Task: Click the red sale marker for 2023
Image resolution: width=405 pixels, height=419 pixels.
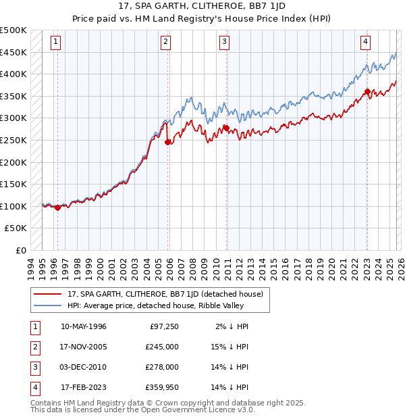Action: click(x=367, y=92)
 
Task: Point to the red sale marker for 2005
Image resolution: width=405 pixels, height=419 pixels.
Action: click(x=167, y=142)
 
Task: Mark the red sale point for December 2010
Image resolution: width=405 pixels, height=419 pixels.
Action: click(x=226, y=128)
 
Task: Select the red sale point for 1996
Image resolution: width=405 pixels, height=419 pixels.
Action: click(x=57, y=207)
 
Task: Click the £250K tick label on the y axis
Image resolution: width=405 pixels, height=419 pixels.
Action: click(x=13, y=140)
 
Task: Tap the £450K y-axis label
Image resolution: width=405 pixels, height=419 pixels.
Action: click(x=13, y=52)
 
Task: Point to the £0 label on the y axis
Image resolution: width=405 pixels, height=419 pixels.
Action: click(x=20, y=250)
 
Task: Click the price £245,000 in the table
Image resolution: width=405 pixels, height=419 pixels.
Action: click(x=162, y=347)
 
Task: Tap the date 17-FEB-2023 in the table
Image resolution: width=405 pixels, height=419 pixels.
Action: click(x=84, y=387)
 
